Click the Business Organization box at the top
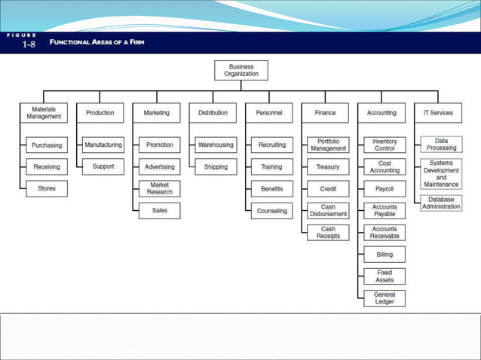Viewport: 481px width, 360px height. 241,70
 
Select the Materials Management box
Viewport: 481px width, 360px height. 44,113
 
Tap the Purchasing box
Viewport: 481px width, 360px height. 47,145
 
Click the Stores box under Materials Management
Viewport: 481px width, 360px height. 47,188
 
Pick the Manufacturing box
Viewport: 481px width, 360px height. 103,145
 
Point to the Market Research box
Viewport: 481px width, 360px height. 160,188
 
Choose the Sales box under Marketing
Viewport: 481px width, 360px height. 160,211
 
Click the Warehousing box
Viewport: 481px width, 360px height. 216,145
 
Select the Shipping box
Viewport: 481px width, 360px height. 216,167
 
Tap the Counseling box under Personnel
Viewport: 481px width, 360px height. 272,211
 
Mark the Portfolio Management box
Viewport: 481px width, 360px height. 328,145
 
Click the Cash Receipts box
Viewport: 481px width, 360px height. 328,233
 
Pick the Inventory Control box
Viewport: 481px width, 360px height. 384,145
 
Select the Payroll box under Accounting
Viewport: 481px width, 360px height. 384,189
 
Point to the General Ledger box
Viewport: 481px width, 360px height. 384,298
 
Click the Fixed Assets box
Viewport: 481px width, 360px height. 384,276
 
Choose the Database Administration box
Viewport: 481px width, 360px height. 442,203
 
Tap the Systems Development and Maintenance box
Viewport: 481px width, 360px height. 442,174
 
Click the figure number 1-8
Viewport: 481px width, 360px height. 29,44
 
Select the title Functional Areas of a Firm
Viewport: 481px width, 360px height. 97,42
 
